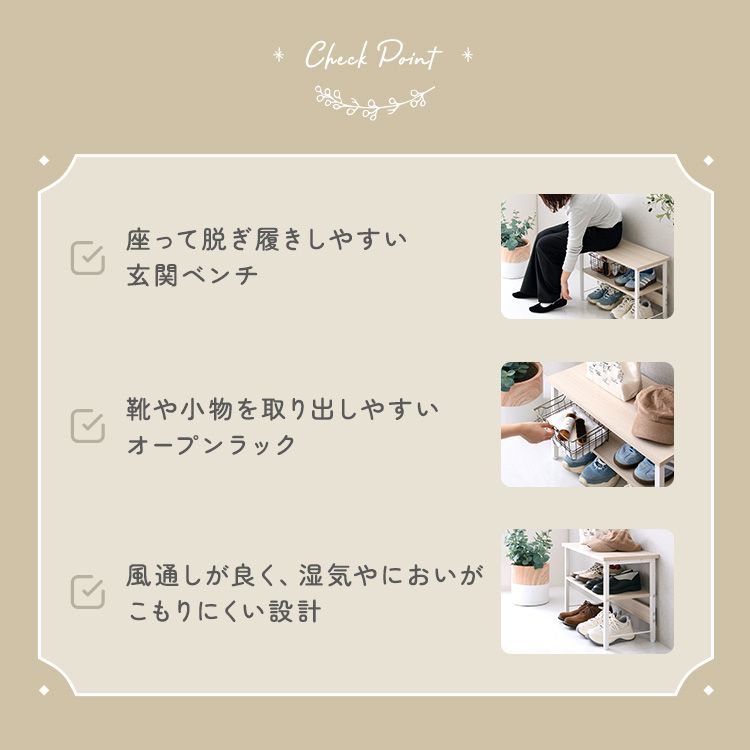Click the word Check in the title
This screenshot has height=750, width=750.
tap(337, 55)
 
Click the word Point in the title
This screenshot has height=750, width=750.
tap(409, 55)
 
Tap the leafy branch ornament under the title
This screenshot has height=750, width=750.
tap(375, 102)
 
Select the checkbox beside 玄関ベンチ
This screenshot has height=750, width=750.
tap(88, 258)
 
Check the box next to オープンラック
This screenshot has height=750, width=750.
tap(88, 425)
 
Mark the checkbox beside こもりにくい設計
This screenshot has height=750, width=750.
tap(88, 592)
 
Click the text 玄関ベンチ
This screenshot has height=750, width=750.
tap(192, 276)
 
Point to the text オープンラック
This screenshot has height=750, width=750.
tap(211, 445)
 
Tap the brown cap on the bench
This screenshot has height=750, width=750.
tap(654, 414)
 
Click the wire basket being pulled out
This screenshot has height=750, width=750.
tap(572, 427)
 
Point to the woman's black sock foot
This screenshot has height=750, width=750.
tap(549, 305)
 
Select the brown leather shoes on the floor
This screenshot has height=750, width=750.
tap(580, 615)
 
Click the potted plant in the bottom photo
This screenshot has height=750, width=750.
tap(529, 566)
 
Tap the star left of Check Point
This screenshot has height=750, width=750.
tap(278, 55)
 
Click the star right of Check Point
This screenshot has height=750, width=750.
tap(467, 55)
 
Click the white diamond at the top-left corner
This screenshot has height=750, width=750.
tap(44, 161)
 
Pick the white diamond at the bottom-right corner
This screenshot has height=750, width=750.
tap(708, 690)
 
